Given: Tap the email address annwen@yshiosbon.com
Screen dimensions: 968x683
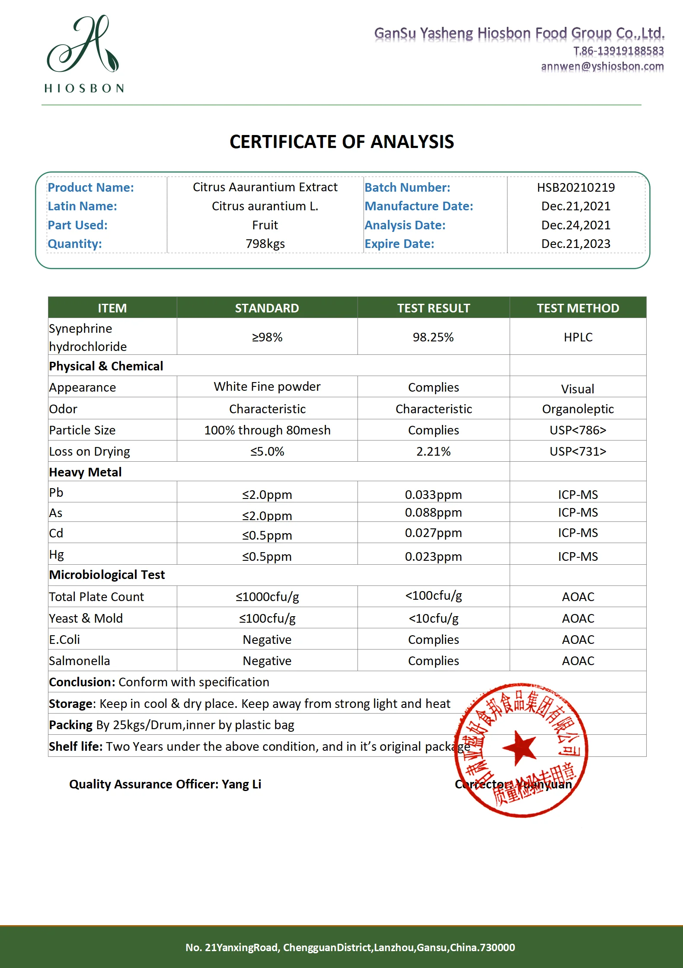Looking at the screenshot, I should pyautogui.click(x=602, y=66).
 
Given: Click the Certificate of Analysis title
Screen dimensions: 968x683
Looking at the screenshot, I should pyautogui.click(x=341, y=142).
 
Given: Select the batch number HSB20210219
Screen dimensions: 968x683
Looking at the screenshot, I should pyautogui.click(x=576, y=187).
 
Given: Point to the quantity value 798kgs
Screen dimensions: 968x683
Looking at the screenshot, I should pyautogui.click(x=265, y=244).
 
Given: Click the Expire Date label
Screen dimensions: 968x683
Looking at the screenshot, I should pyautogui.click(x=399, y=244).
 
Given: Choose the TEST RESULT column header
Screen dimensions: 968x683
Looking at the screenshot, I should pyautogui.click(x=433, y=308).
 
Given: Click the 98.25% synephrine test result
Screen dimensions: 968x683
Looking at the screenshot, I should pyautogui.click(x=433, y=337).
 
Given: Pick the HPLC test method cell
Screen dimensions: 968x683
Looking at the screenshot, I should pyautogui.click(x=578, y=337).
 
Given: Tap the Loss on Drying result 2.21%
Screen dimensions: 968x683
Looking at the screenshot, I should pyautogui.click(x=433, y=451).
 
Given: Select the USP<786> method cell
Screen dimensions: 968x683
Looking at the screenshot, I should pyautogui.click(x=578, y=430).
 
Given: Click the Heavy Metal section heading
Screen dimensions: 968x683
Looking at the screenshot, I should pyautogui.click(x=85, y=472).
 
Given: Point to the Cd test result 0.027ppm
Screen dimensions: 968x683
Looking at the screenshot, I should pyautogui.click(x=433, y=533).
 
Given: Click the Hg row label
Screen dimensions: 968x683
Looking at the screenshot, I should pyautogui.click(x=57, y=555).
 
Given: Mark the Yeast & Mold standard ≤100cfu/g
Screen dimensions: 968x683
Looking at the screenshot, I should pyautogui.click(x=267, y=618).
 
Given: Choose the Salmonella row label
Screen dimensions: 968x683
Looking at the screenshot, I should pyautogui.click(x=80, y=661).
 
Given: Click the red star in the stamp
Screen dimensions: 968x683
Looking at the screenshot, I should pyautogui.click(x=520, y=747).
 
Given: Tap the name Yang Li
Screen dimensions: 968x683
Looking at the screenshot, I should pyautogui.click(x=241, y=784).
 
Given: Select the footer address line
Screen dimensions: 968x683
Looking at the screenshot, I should pyautogui.click(x=350, y=947).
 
